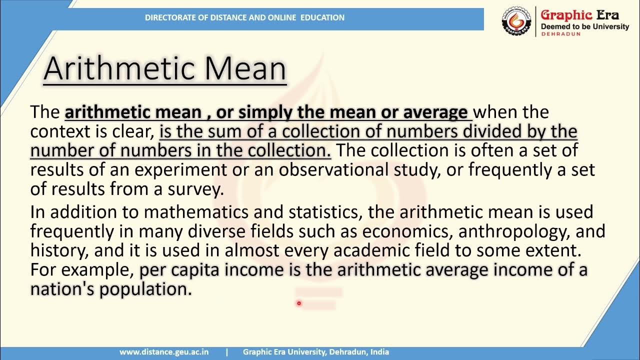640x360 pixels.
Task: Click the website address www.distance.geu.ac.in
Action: pos(164,352)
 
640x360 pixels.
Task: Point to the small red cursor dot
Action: pos(299,303)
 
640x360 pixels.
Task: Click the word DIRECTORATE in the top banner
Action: pos(168,17)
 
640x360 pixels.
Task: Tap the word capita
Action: pos(196,270)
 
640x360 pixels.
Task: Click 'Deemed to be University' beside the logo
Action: pos(585,26)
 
